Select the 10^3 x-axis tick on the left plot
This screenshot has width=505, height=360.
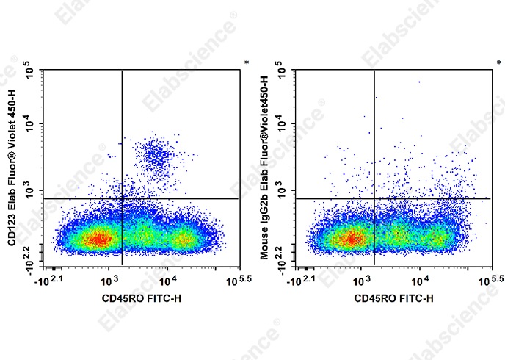(x=108, y=280)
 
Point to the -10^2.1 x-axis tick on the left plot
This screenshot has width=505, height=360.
(x=51, y=280)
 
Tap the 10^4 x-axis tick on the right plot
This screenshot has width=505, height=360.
(x=420, y=280)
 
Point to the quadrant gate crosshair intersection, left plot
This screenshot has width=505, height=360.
(x=121, y=198)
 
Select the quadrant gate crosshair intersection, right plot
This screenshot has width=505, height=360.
(x=374, y=198)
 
